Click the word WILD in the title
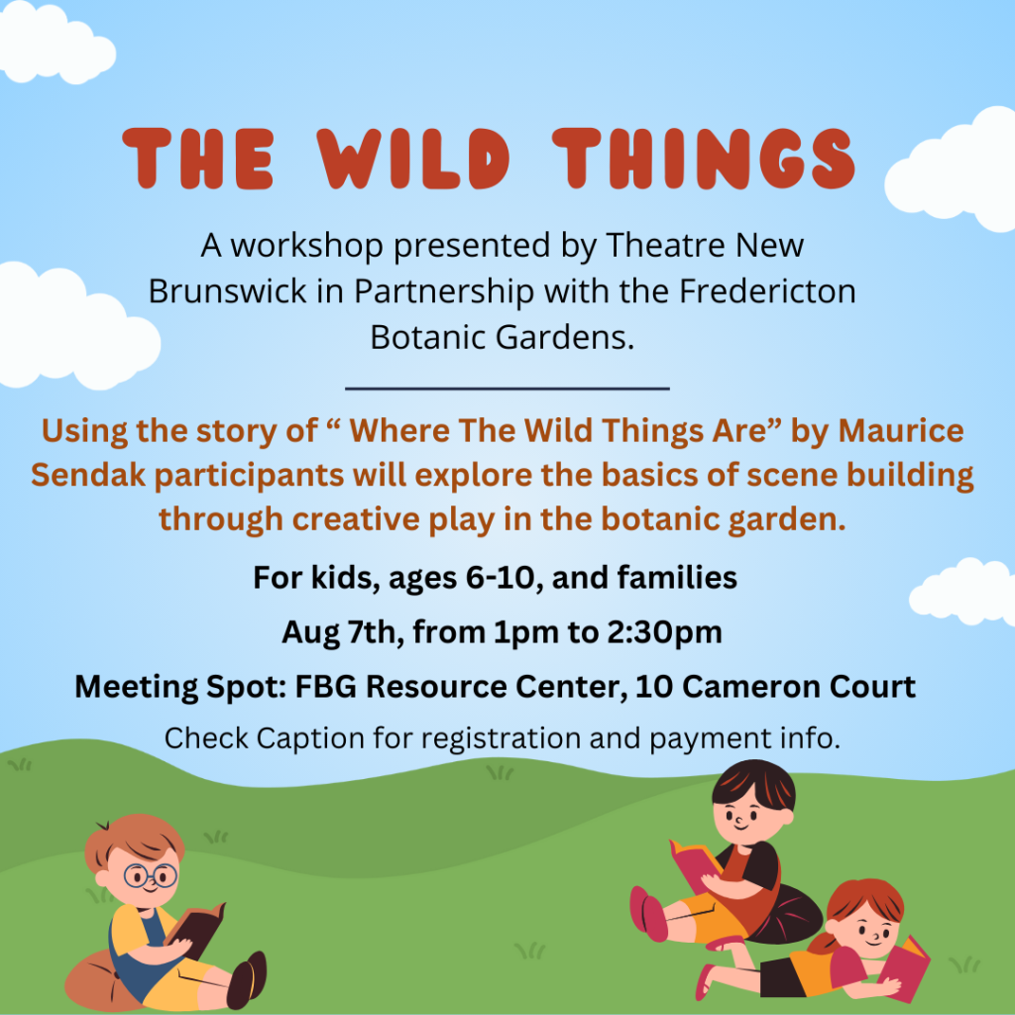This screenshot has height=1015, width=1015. (x=413, y=159)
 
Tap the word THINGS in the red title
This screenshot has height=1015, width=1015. (x=705, y=159)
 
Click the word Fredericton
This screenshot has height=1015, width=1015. (x=767, y=291)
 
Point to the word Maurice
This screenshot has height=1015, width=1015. (x=900, y=430)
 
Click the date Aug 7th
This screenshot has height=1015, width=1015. (x=343, y=632)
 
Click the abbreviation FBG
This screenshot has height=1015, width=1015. (x=325, y=687)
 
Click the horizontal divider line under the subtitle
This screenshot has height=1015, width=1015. (x=507, y=389)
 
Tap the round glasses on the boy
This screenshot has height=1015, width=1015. (x=151, y=876)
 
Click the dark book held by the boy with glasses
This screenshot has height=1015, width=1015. (x=195, y=929)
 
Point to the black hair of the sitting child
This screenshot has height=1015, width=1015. (x=754, y=783)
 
